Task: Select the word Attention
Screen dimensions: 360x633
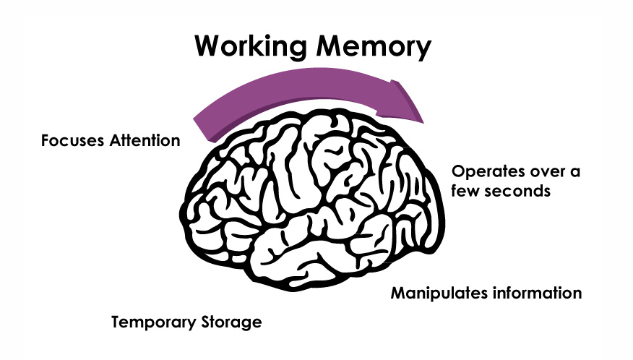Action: pyautogui.click(x=145, y=140)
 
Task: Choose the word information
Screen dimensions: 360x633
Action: pyautogui.click(x=536, y=293)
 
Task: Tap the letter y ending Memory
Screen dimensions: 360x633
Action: pyautogui.click(x=423, y=50)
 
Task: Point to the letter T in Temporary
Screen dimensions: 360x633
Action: pyautogui.click(x=116, y=322)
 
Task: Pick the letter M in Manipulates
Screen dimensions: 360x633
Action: pyautogui.click(x=397, y=293)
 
